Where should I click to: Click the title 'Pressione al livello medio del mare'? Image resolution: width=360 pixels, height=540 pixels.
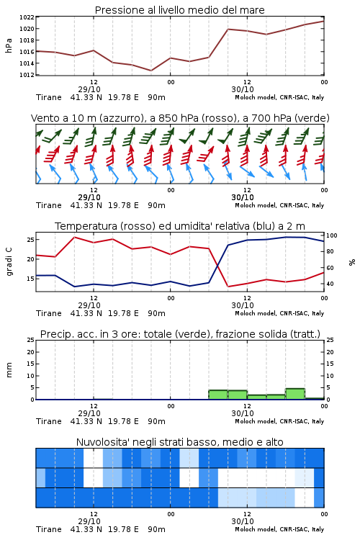[179, 10]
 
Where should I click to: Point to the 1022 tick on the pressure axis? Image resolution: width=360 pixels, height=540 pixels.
[27, 17]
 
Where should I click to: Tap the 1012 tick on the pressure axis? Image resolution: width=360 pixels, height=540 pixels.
[27, 75]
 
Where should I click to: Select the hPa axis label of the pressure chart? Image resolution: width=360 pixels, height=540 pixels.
[9, 45]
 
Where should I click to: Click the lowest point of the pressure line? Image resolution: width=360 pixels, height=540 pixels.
[151, 71]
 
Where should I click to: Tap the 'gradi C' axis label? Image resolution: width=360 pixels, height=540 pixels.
[9, 261]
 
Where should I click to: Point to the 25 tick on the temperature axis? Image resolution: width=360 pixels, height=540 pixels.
[31, 239]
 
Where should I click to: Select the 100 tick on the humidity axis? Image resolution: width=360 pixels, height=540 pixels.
[332, 235]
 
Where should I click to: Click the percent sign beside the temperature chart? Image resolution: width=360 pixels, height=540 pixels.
[352, 262]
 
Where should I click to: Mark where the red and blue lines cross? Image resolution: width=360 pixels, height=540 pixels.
[217, 266]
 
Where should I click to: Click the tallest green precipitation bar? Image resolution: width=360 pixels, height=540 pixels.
[295, 394]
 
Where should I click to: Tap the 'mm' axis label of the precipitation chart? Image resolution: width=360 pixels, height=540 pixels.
[9, 370]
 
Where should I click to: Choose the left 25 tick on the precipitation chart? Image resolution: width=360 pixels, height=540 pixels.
[31, 340]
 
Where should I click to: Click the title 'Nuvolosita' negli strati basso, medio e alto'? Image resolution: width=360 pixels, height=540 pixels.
[179, 442]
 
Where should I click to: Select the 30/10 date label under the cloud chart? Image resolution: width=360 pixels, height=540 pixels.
[243, 521]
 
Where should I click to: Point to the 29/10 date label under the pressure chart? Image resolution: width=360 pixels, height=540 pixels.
[89, 89]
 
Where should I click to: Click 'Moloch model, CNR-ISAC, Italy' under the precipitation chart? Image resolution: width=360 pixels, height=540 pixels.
[279, 421]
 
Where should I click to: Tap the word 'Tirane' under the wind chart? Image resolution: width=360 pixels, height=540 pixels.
[49, 205]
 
